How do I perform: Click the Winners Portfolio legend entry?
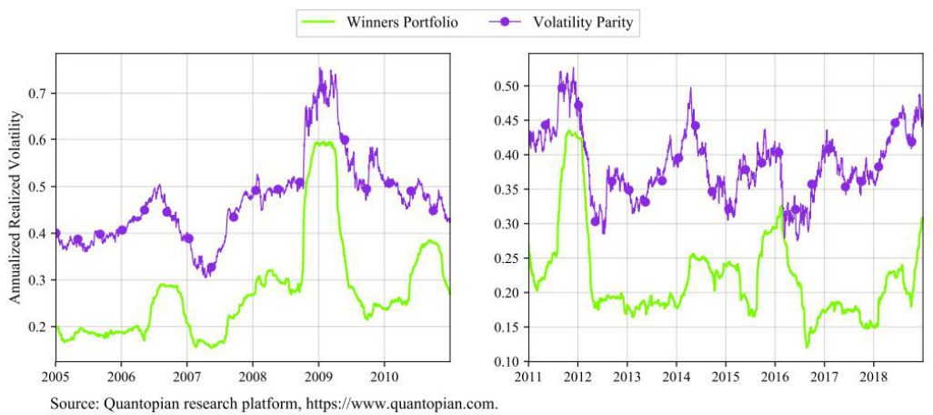click(x=400, y=21)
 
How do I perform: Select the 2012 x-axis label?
click(x=577, y=375)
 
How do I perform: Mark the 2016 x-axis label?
click(x=774, y=375)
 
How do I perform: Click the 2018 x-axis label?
click(x=873, y=375)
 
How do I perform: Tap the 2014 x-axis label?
click(x=676, y=375)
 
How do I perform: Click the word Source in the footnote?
click(x=71, y=401)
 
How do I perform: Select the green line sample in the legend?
click(x=318, y=22)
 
